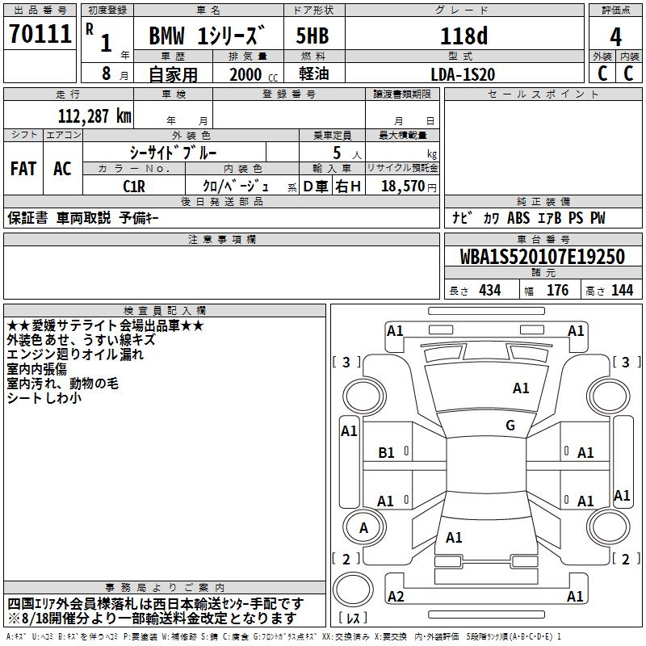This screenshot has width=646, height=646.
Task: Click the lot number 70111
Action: tap(40, 33)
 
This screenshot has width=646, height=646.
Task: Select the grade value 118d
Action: tap(464, 36)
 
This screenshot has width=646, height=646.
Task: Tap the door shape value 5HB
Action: tap(313, 36)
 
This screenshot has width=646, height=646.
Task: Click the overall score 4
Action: tap(615, 36)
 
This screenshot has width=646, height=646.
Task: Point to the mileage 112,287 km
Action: tap(94, 115)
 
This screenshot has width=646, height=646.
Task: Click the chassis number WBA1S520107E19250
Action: tap(542, 256)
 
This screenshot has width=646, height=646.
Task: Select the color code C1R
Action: tap(134, 187)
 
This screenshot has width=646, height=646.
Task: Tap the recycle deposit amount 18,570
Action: tap(402, 186)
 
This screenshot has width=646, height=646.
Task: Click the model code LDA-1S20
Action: tap(463, 74)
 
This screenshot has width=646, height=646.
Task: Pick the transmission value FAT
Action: tap(23, 169)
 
